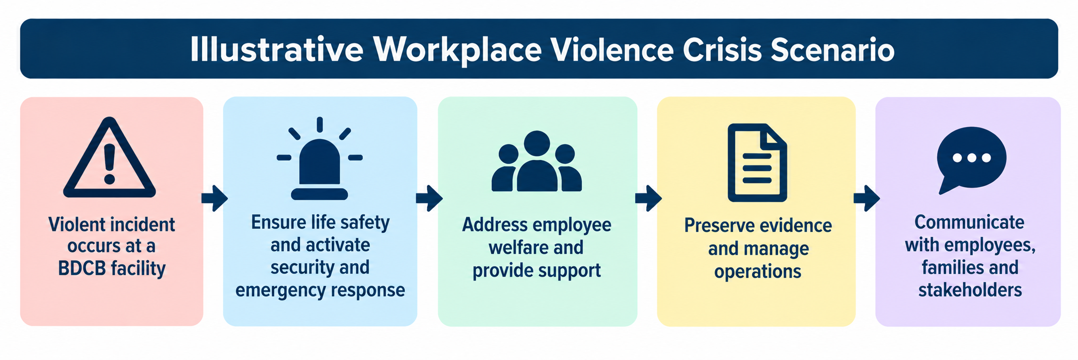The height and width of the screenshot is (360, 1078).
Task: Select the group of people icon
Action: tap(537, 161)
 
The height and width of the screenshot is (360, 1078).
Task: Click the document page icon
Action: tap(757, 162)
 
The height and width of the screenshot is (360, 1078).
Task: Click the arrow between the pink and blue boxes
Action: tap(215, 198)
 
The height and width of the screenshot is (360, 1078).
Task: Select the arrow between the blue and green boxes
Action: tap(429, 198)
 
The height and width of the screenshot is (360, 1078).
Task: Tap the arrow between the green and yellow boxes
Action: tap(648, 198)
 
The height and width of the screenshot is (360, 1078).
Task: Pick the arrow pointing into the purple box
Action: tap(867, 198)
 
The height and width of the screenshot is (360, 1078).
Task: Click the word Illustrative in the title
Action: tap(277, 50)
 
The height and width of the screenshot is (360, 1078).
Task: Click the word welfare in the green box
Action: tap(517, 247)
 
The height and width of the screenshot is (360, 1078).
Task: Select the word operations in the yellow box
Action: tap(758, 272)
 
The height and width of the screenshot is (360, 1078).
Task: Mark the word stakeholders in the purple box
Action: tap(970, 290)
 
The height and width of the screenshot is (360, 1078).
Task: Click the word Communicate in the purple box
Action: tap(969, 222)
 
